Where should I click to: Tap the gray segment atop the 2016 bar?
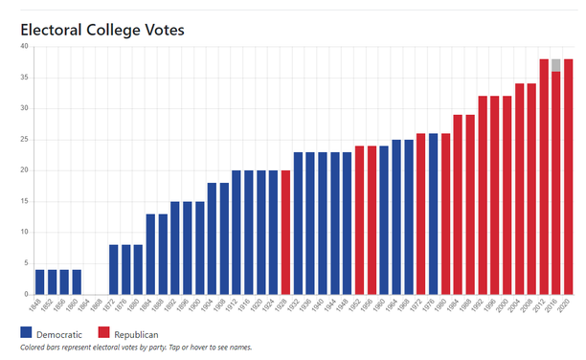(x=555, y=65)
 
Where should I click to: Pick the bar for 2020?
(x=568, y=177)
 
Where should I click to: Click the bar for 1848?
(x=40, y=282)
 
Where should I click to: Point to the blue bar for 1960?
(x=384, y=220)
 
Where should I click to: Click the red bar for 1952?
(x=359, y=220)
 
